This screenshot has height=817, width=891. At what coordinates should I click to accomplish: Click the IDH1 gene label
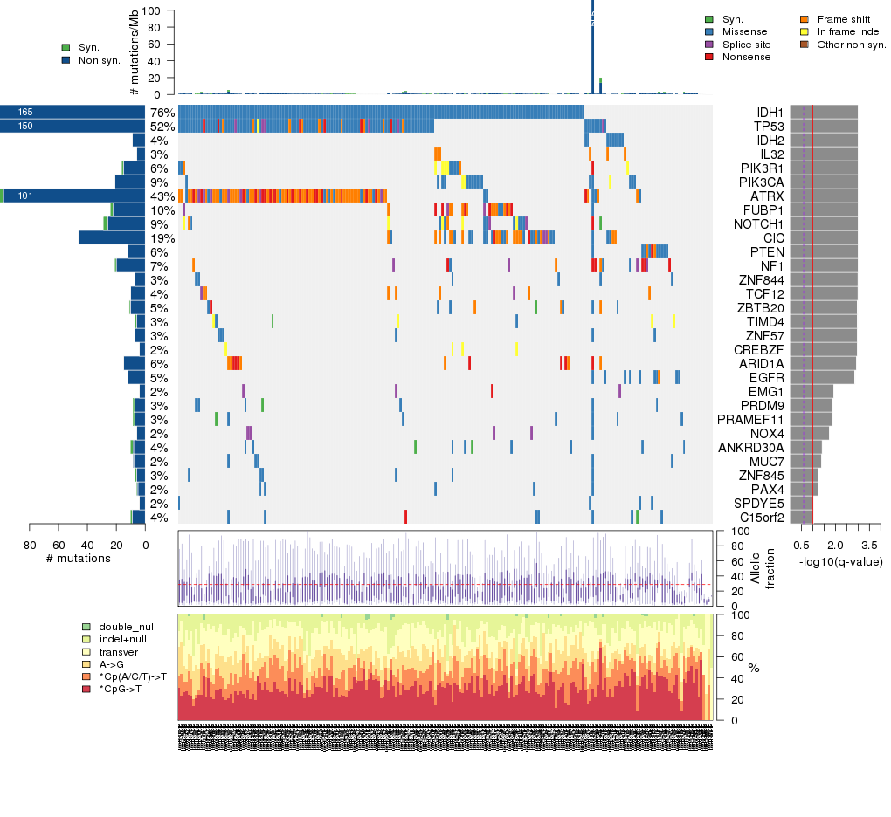point(770,113)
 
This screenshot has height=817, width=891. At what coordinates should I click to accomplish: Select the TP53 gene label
point(770,127)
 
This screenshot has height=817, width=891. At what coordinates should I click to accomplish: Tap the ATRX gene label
point(770,196)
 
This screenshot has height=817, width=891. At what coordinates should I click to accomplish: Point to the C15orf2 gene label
point(761,518)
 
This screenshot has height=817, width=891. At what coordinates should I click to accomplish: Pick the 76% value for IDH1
point(162,113)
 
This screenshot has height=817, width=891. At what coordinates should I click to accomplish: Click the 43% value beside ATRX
point(162,196)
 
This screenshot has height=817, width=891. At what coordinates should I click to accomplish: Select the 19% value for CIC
point(162,238)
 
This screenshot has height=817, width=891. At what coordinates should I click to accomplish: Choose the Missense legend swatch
point(708,31)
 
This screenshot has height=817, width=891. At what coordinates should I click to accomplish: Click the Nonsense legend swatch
point(708,57)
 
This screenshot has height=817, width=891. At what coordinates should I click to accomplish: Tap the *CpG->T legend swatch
point(85,690)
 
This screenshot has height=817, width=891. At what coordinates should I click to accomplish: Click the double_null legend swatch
point(85,627)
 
